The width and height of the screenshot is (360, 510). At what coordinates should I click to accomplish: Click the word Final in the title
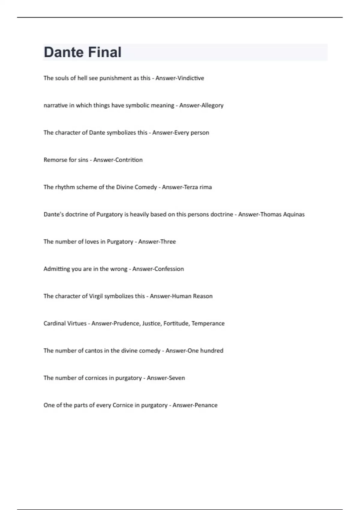coord(107,52)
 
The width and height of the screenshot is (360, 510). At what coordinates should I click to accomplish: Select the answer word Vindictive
coord(191,78)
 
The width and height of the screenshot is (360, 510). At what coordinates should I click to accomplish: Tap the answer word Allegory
coord(212,105)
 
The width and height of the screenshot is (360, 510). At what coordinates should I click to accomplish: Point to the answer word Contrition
coord(130,160)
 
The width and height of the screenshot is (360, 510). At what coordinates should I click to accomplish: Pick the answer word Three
coord(168,242)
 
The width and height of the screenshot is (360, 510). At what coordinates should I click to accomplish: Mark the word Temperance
coord(208,323)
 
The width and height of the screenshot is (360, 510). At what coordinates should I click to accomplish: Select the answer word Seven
coord(177,378)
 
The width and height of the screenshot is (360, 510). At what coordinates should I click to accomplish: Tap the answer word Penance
coord(206,405)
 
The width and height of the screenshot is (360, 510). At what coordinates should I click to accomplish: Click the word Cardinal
coord(54,323)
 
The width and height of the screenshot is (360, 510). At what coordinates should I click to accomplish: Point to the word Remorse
coord(54,160)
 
